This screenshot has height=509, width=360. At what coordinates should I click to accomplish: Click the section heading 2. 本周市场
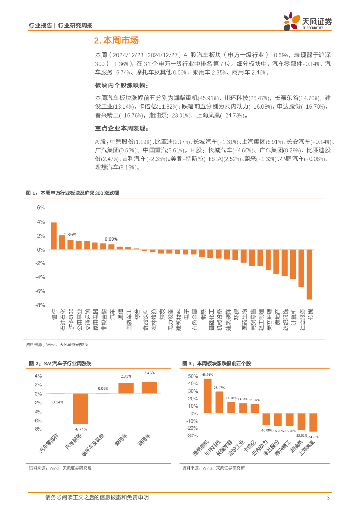(116, 41)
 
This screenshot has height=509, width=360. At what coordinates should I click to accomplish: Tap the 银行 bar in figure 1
(54, 236)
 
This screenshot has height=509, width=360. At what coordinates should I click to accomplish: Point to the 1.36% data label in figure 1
(70, 234)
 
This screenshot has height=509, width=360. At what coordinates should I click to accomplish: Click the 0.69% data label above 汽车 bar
(111, 239)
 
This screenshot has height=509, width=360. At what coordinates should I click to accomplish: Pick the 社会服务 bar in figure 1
(301, 268)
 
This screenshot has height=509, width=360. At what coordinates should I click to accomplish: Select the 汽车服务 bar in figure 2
(80, 409)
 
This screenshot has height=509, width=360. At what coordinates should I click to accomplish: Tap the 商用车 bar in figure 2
(149, 388)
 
